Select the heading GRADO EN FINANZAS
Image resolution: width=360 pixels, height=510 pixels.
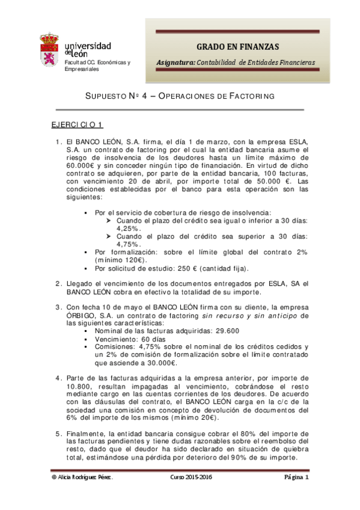[x=237, y=46]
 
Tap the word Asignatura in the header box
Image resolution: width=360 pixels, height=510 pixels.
[x=175, y=63]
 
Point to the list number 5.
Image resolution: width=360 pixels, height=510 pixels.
[x=58, y=433]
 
